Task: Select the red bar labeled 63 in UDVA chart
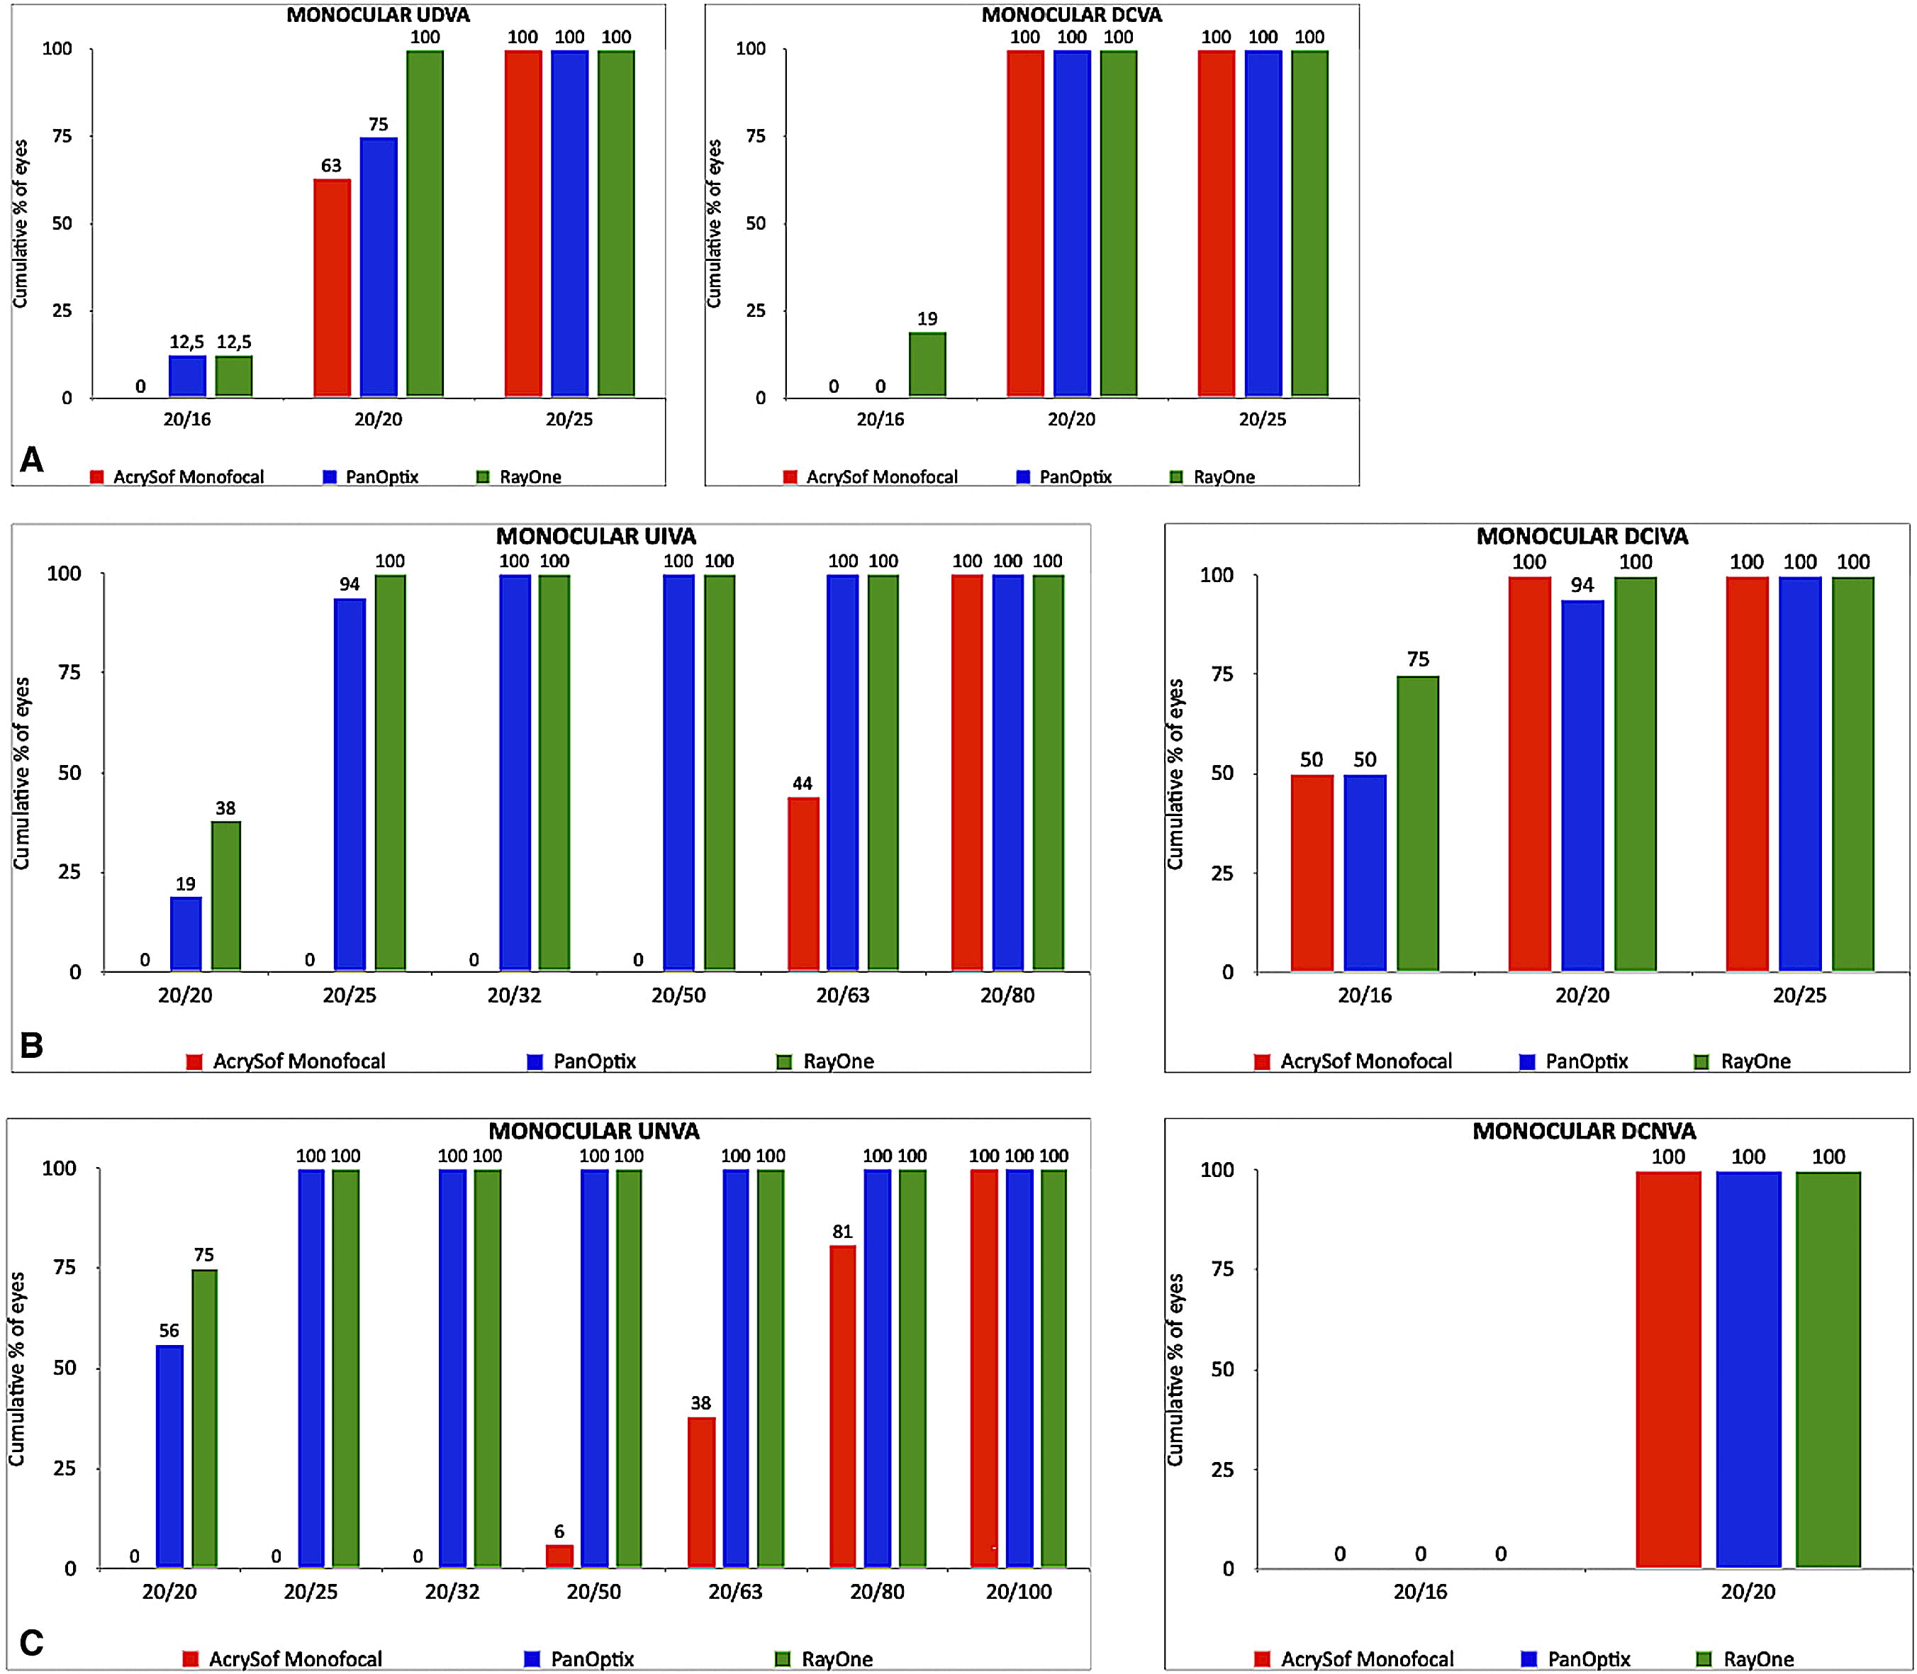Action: click(x=332, y=288)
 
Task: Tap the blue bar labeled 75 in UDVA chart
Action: click(x=379, y=267)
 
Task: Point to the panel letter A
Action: click(x=32, y=459)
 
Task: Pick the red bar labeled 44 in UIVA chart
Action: click(x=803, y=883)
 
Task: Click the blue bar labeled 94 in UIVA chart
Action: click(x=350, y=785)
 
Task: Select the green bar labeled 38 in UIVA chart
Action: click(x=225, y=896)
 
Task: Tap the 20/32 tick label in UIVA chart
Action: click(x=514, y=995)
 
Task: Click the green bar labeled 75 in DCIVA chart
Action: click(x=1417, y=824)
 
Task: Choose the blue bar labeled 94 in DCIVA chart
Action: click(x=1582, y=786)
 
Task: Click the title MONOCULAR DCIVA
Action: click(x=1582, y=536)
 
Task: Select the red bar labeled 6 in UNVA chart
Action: click(x=559, y=1556)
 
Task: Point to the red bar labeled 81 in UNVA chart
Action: click(x=843, y=1406)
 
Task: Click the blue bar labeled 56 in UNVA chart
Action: click(x=170, y=1456)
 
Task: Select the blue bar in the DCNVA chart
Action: click(x=1748, y=1369)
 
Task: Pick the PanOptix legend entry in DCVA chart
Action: click(x=1064, y=476)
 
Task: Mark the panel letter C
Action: click(x=32, y=1642)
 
